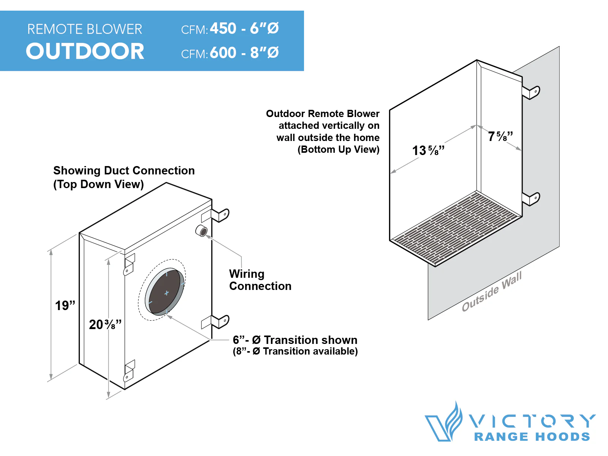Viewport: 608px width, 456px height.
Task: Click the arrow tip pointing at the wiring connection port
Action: pos(206,236)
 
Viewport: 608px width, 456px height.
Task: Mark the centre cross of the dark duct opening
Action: pos(166,293)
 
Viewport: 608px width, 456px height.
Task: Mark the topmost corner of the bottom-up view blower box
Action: pos(477,60)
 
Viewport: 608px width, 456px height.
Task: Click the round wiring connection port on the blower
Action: pos(201,231)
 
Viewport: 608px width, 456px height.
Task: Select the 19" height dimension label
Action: pos(65,306)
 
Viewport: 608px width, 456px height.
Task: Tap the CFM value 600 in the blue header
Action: pos(223,52)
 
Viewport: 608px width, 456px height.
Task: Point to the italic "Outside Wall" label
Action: pos(492,291)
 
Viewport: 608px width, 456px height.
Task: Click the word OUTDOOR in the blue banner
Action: pos(85,51)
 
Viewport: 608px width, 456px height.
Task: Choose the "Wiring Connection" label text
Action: pos(260,280)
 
